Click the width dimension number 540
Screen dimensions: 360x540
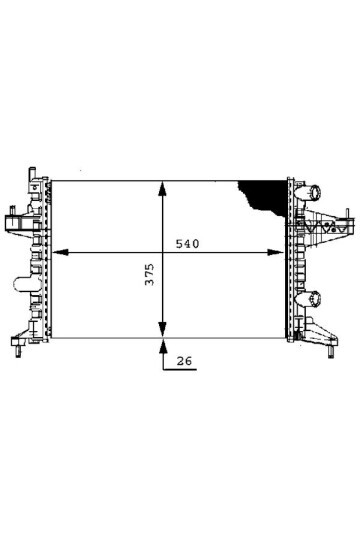(x=187, y=244)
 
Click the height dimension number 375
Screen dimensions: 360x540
(x=150, y=274)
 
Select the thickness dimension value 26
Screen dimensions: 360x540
(x=184, y=361)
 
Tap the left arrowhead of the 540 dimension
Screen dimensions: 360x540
(x=60, y=252)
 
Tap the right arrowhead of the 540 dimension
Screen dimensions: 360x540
(x=276, y=252)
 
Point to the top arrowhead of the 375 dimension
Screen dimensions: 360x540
(x=162, y=188)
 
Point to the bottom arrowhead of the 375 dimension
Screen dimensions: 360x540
(x=162, y=330)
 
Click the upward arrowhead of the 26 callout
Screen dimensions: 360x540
(x=163, y=346)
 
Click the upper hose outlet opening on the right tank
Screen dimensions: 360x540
(x=315, y=191)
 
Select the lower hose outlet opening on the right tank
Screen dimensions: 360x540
(x=315, y=299)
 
